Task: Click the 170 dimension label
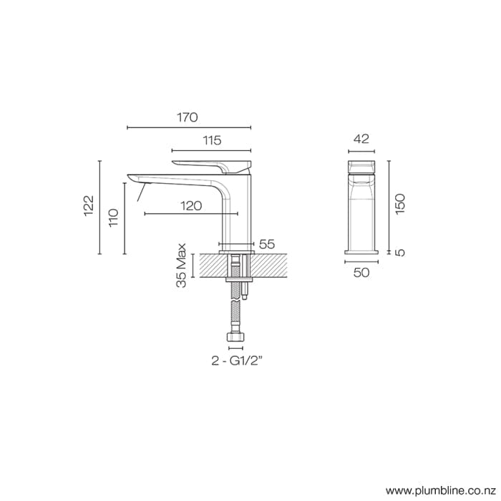tap(188, 117)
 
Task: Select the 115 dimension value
tap(211, 140)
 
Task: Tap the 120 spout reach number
tap(190, 205)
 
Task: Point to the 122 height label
tap(89, 205)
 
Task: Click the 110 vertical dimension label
tap(113, 218)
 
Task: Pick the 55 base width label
tap(267, 244)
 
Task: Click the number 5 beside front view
tap(401, 252)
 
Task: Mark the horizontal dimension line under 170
tap(189, 128)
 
